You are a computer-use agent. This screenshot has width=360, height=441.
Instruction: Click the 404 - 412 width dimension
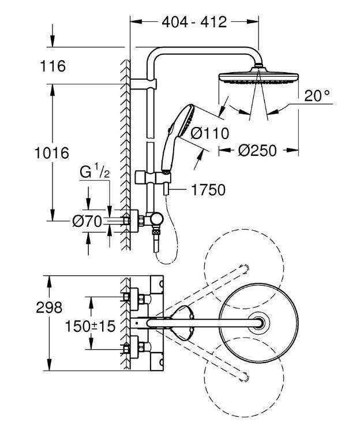click(194, 22)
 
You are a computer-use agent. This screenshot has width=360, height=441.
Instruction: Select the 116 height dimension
click(53, 66)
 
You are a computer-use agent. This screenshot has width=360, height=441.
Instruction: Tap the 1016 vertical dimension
click(52, 153)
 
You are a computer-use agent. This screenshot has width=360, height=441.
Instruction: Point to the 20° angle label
click(317, 96)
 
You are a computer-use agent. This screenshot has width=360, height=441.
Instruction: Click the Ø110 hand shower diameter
click(209, 133)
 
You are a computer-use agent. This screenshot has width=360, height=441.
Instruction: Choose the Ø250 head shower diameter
click(257, 151)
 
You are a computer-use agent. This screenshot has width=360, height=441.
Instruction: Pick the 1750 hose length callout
click(208, 190)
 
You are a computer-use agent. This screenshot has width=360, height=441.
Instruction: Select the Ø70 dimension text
click(87, 222)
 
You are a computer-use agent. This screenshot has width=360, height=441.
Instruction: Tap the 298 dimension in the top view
click(49, 308)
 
